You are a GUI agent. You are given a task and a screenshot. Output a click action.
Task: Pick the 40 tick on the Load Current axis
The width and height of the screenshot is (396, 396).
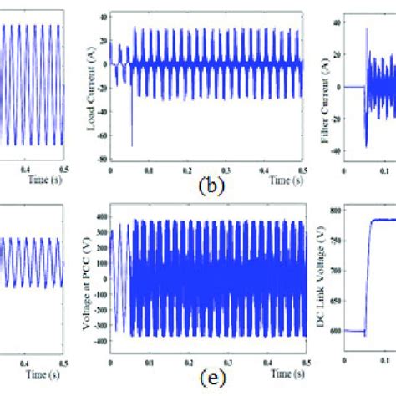coord(103,16)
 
